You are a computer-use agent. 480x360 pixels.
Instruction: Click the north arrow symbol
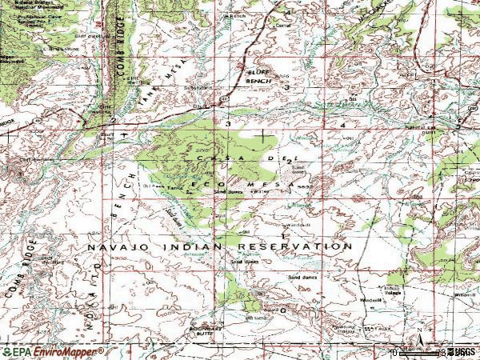coord(418,331)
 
